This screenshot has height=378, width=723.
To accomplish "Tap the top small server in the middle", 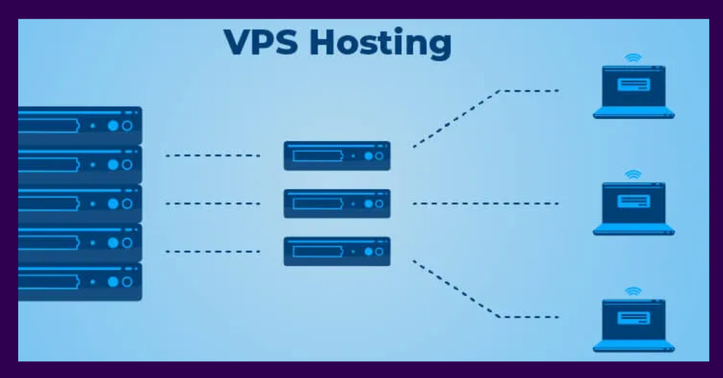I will click(x=337, y=155).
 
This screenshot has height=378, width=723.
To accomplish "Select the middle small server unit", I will click(x=337, y=203).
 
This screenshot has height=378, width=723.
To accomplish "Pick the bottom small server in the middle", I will click(x=337, y=251).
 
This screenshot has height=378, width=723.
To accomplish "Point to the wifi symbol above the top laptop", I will click(x=633, y=58).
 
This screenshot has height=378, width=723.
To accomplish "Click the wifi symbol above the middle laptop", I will click(x=633, y=175).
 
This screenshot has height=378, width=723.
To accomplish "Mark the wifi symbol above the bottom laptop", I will click(x=633, y=291).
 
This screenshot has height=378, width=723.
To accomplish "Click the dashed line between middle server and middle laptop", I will click(x=486, y=203).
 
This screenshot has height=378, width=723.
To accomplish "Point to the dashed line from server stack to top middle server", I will click(x=213, y=155).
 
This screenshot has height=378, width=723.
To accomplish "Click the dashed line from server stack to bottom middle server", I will click(x=213, y=251).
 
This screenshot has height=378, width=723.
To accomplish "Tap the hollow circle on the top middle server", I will click(x=379, y=156).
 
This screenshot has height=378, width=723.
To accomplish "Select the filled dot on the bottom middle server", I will click(x=368, y=252).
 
